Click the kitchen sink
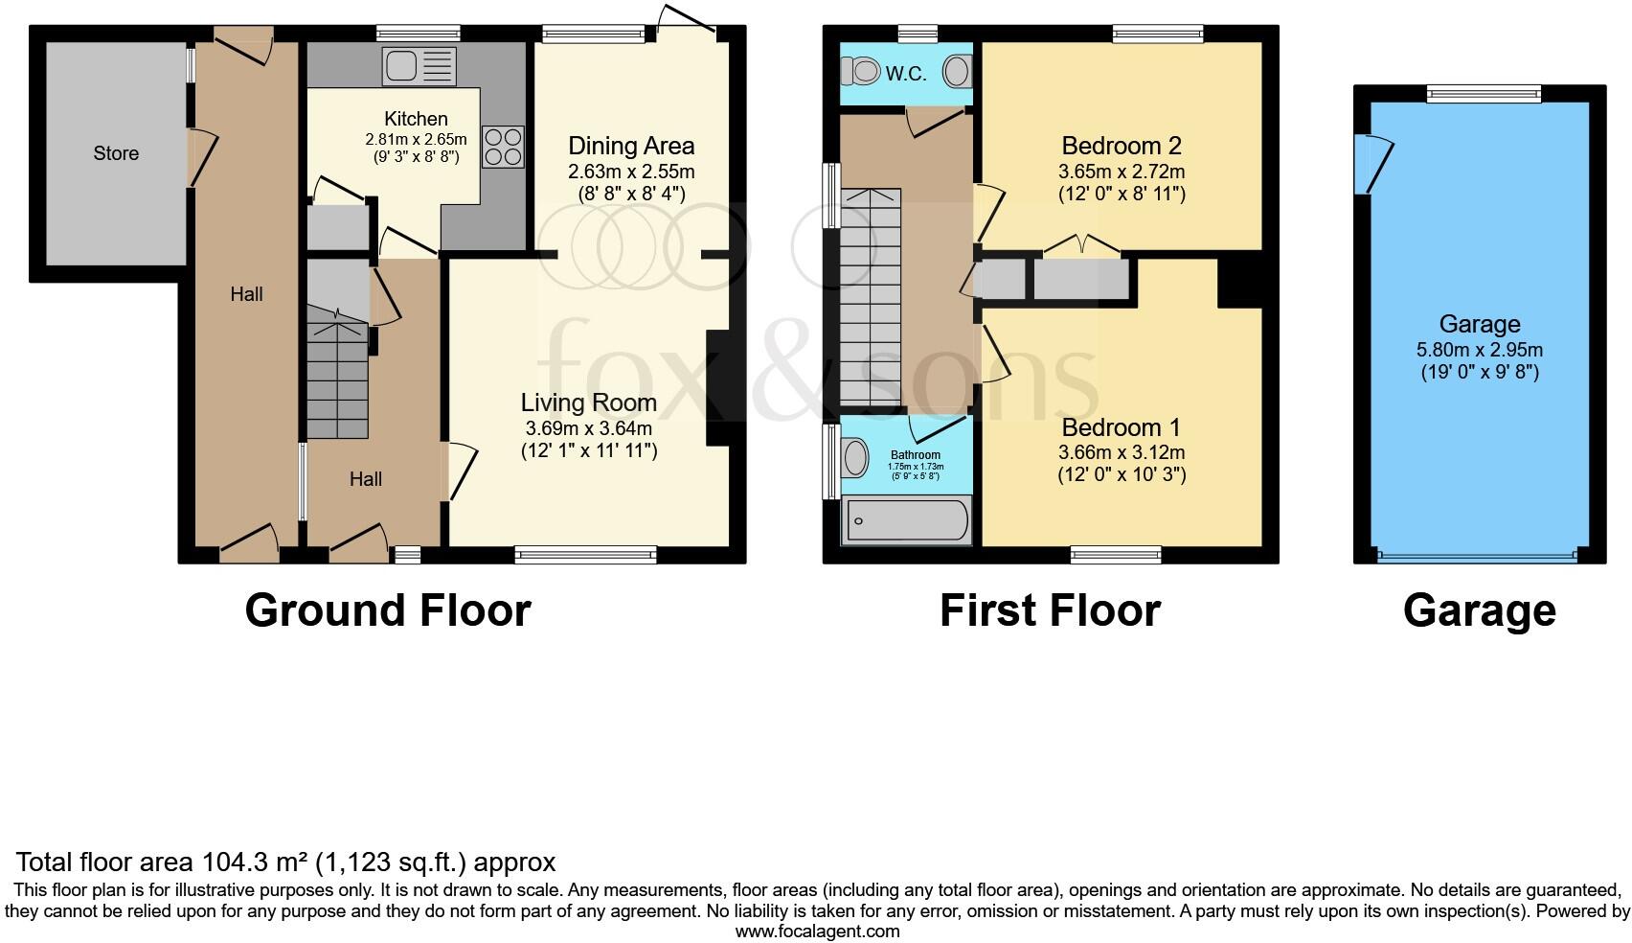(x=419, y=66)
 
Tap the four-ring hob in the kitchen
(x=503, y=147)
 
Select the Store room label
(x=116, y=153)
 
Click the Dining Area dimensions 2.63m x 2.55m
(x=630, y=172)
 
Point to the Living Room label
(x=588, y=402)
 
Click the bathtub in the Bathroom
(x=905, y=521)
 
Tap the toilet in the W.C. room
(x=860, y=71)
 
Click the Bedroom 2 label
(x=1121, y=147)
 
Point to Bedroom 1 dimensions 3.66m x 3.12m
(x=1121, y=452)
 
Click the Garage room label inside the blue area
(x=1479, y=324)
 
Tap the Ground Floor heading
(x=387, y=610)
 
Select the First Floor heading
(x=1050, y=610)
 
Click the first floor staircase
(x=870, y=297)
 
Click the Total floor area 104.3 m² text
(x=285, y=862)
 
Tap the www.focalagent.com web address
(x=816, y=931)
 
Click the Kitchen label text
(x=416, y=119)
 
